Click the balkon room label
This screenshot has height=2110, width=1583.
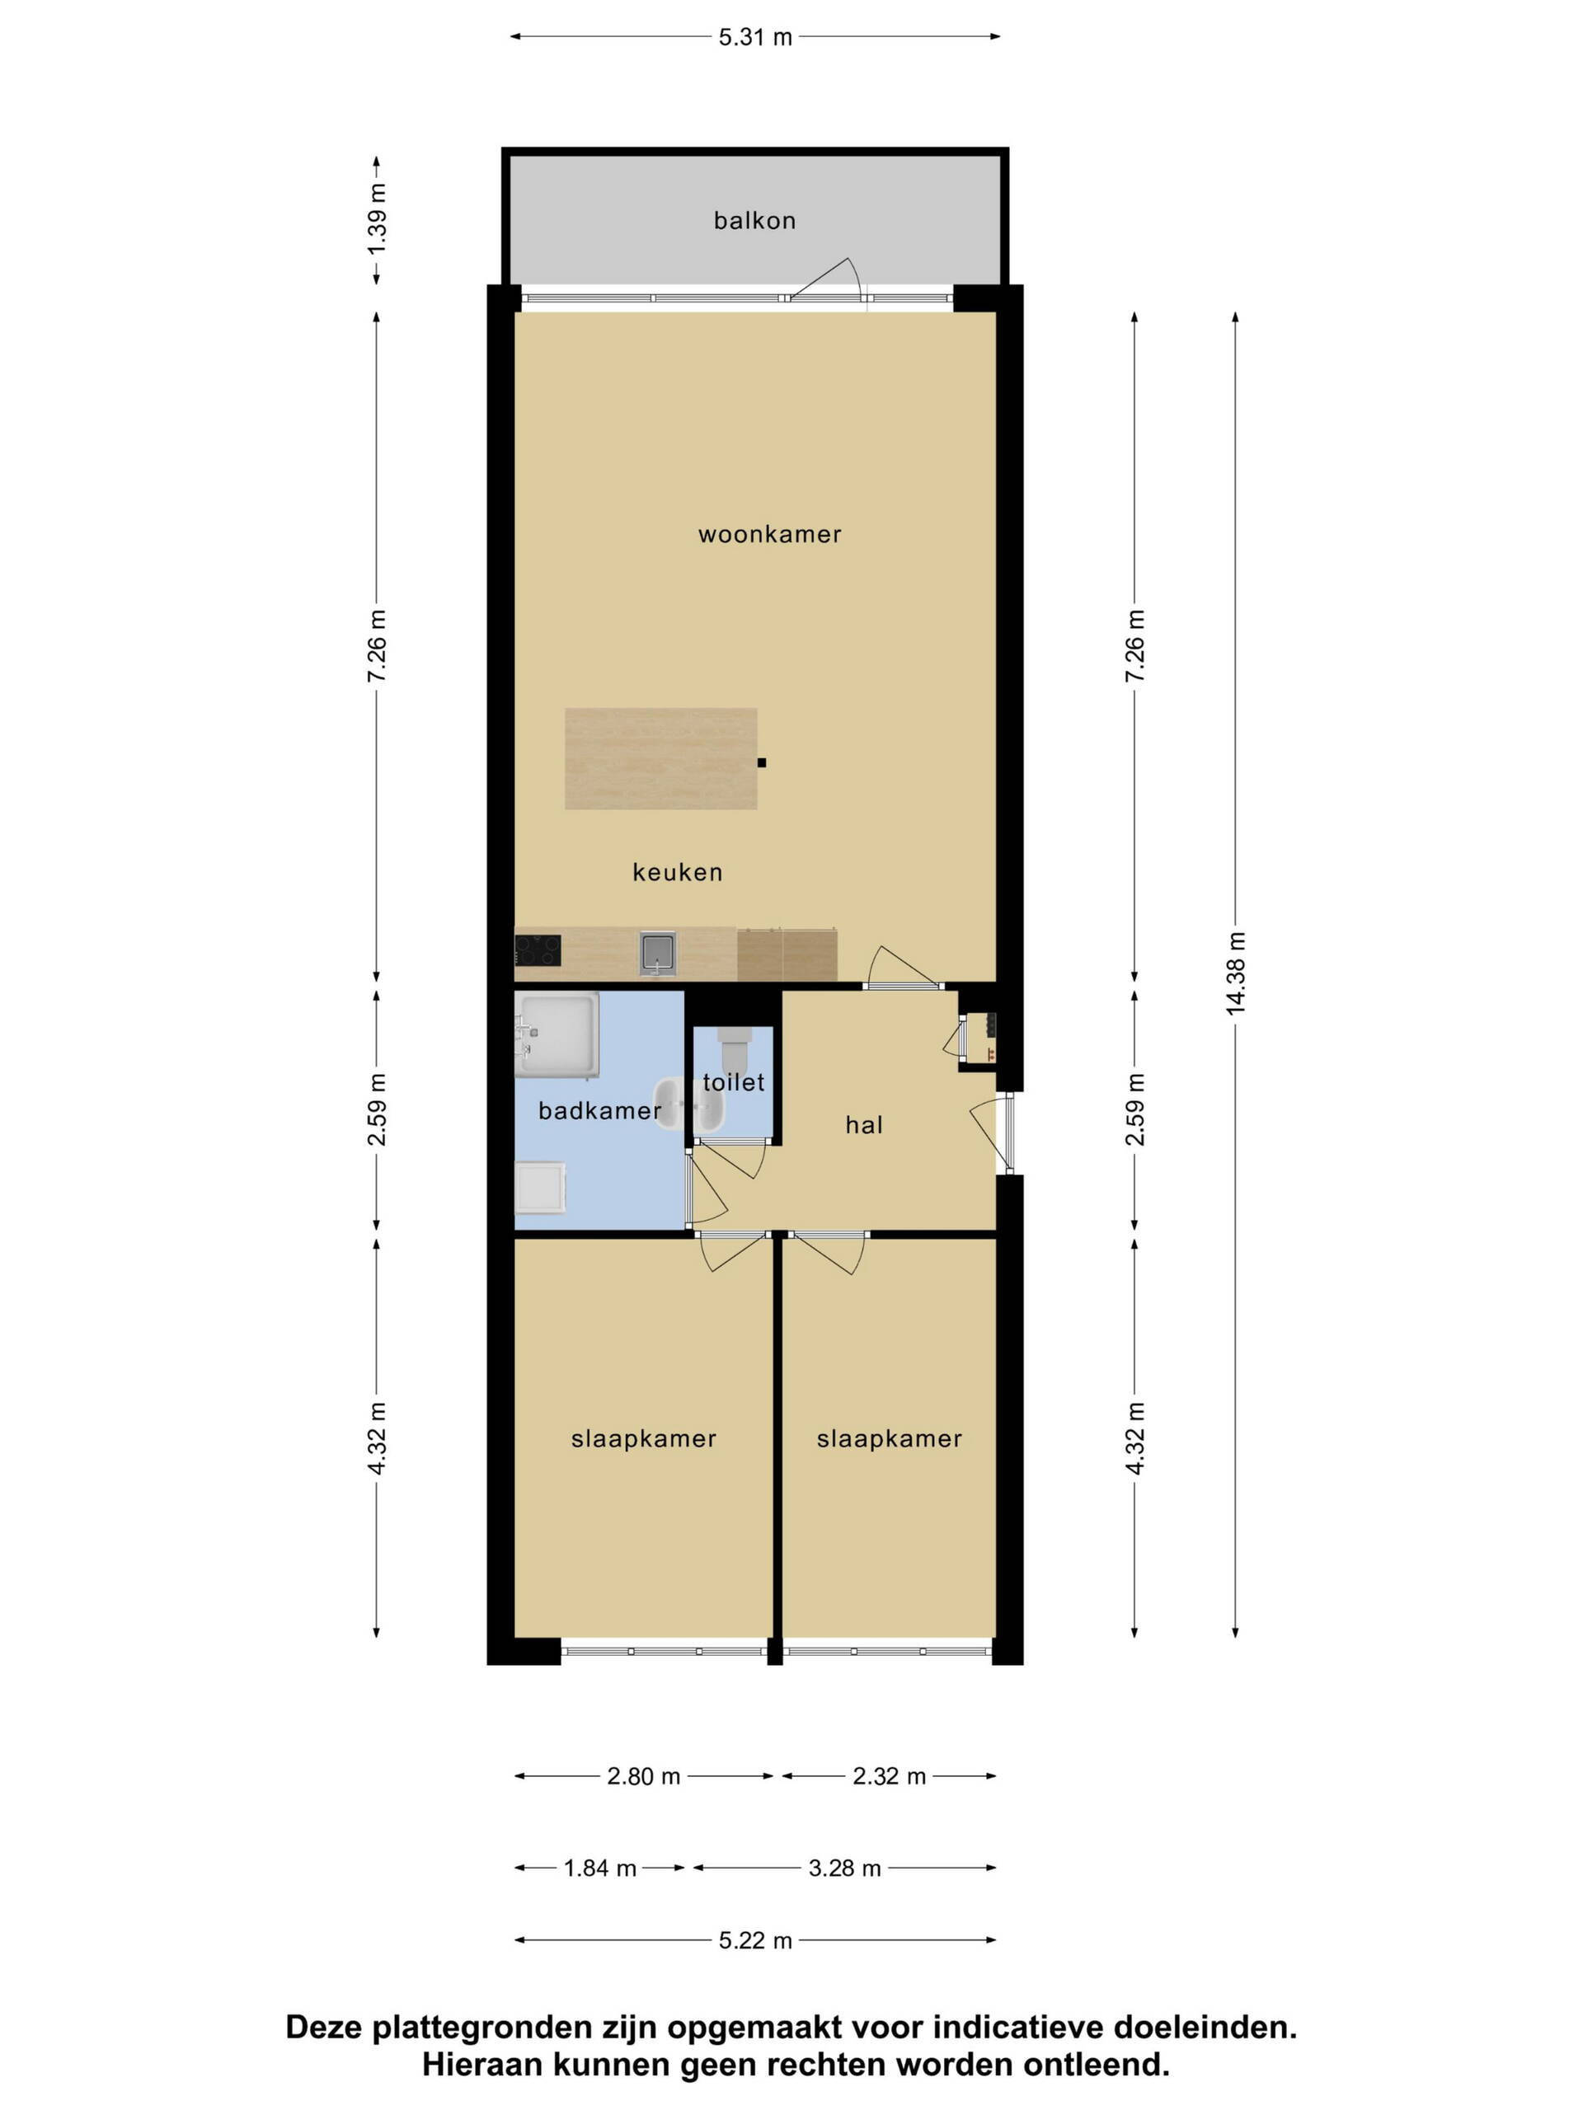(x=754, y=220)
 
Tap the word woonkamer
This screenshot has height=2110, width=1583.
(x=769, y=534)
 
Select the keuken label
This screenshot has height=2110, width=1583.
(x=678, y=872)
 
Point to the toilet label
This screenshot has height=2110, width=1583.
(x=734, y=1081)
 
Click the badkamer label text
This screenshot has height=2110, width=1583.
(x=599, y=1110)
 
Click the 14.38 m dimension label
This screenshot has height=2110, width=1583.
(x=1236, y=973)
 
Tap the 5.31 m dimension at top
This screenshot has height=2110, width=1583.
(x=754, y=37)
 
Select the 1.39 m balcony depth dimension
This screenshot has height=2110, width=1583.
(x=377, y=219)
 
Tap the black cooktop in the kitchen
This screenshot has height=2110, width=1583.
(x=538, y=950)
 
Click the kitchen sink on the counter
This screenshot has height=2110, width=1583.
(x=657, y=953)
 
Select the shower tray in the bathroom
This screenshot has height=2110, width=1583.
(x=557, y=1035)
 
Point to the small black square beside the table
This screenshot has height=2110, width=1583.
(x=762, y=762)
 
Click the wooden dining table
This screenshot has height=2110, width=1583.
(x=660, y=758)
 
